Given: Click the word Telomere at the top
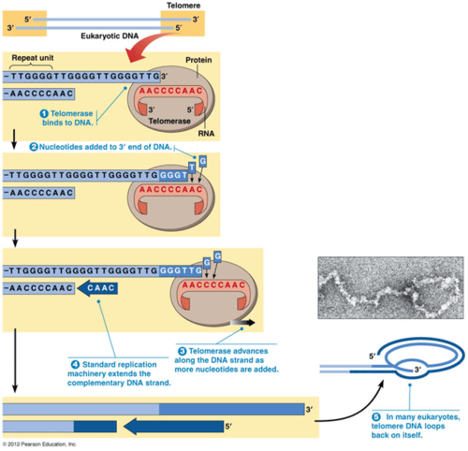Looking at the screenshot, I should [x=183, y=5].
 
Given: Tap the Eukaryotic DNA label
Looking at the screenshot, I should [x=109, y=36].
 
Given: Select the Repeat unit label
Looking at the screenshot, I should [x=33, y=58].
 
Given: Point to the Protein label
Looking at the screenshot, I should [x=198, y=60].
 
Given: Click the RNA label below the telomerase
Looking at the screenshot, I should [x=206, y=133].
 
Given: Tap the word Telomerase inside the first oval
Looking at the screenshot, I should [x=169, y=121].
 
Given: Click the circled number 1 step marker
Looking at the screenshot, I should [x=44, y=114].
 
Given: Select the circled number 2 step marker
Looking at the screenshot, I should [x=33, y=147].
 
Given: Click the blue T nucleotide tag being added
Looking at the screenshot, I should [x=192, y=167].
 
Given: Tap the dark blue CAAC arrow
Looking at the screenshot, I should [x=98, y=288].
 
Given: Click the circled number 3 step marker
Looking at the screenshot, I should [x=182, y=351].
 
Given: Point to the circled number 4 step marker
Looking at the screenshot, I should [x=75, y=365].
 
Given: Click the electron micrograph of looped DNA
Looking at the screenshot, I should [x=390, y=288].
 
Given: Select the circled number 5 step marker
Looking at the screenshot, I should [x=376, y=417].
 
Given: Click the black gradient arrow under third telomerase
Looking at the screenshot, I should [x=243, y=322].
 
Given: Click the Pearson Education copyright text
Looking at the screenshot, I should [x=40, y=444].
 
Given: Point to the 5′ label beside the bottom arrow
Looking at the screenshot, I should [x=228, y=426].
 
